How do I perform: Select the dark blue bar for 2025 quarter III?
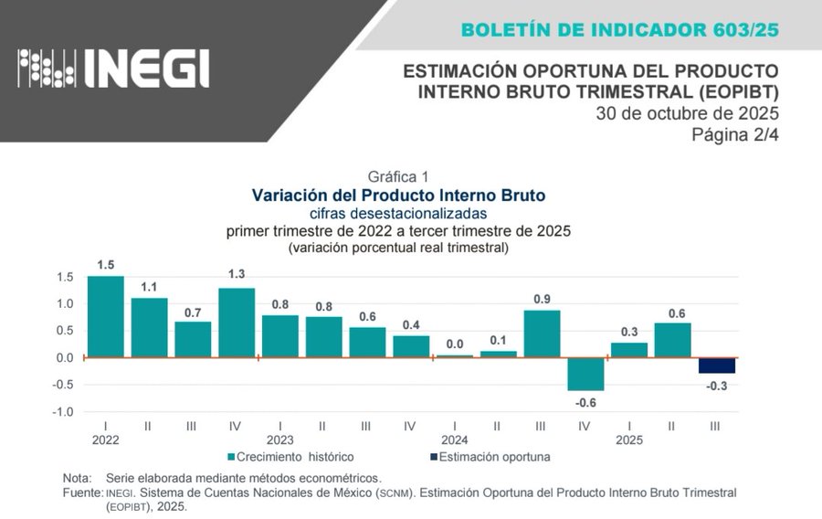click(717, 365)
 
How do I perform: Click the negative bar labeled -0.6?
click(585, 374)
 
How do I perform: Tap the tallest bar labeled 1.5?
click(106, 316)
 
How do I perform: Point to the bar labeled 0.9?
click(542, 334)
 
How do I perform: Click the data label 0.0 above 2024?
click(454, 344)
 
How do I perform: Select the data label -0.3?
click(717, 387)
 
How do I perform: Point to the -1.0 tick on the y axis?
click(63, 412)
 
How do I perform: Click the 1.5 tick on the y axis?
click(65, 277)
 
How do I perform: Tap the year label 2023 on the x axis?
click(279, 440)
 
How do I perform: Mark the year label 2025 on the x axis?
click(629, 440)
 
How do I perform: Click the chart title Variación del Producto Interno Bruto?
click(398, 196)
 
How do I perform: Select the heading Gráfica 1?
click(398, 176)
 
